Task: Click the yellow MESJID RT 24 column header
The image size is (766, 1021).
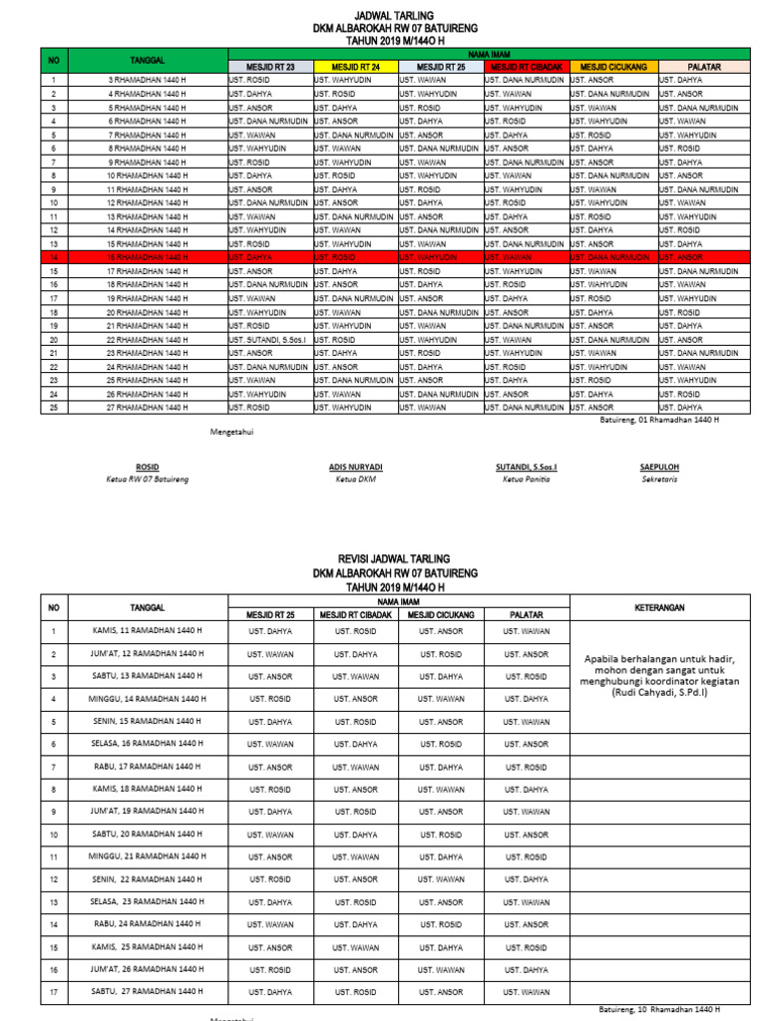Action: pos(355,67)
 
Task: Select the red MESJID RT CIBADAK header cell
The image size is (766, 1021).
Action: pos(526,67)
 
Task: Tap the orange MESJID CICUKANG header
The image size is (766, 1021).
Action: pos(611,67)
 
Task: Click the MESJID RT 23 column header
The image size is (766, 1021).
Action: pos(270,67)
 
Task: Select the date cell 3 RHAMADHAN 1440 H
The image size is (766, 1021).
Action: pos(147,80)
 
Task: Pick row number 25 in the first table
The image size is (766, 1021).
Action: pos(54,407)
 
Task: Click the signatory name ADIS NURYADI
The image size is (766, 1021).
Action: pos(356,467)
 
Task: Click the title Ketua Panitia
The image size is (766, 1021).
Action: pos(526,480)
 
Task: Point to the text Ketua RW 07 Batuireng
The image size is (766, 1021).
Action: pos(147,480)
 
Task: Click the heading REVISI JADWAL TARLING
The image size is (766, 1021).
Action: pos(395,558)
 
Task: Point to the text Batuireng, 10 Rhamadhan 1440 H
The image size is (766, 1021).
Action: pos(659,1009)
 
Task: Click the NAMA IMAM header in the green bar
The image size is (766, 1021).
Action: pos(485,54)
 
